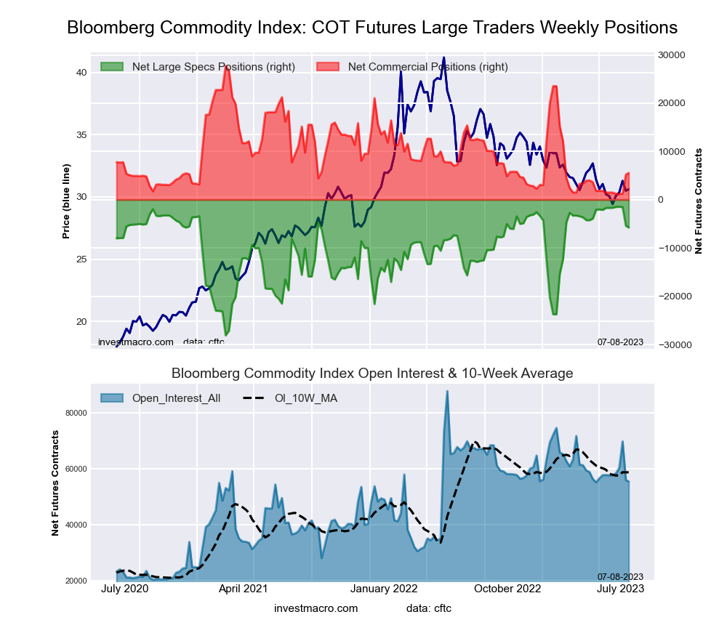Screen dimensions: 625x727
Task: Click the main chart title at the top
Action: pos(372,28)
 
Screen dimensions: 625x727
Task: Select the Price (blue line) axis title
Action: pos(66,201)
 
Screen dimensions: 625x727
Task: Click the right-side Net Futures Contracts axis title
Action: pos(699,201)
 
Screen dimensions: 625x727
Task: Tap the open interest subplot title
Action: pos(372,374)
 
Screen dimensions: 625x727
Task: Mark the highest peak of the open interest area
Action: pos(447,391)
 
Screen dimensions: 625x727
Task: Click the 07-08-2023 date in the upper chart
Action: pos(620,342)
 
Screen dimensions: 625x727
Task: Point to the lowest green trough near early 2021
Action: pos(226,335)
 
